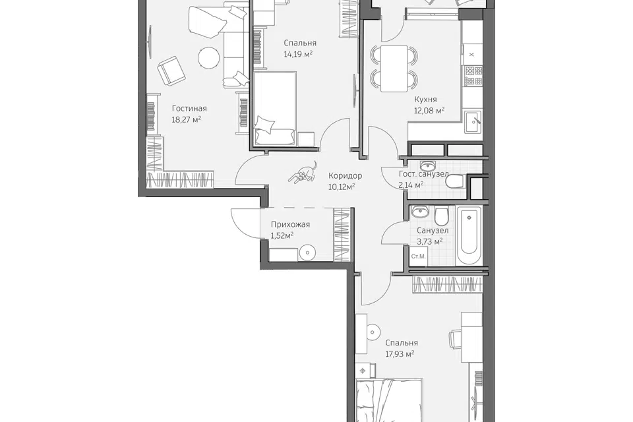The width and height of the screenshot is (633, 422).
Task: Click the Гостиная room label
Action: [189, 108]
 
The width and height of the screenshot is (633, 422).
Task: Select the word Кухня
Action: [425, 100]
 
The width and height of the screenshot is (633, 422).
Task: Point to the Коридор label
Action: [345, 175]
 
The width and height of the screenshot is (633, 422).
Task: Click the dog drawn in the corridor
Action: [303, 173]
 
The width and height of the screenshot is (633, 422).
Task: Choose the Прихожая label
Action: [290, 225]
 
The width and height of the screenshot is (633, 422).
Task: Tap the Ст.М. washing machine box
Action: [418, 256]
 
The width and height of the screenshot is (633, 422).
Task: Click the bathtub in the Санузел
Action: [469, 236]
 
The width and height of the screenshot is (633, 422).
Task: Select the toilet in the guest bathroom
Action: [456, 181]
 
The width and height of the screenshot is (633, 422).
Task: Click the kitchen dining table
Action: [394, 69]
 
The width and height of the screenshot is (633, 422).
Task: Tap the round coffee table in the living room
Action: [209, 58]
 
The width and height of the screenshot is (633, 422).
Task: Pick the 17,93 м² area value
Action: [400, 354]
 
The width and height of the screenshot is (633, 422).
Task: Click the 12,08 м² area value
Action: [429, 110]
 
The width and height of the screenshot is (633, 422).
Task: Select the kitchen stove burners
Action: [473, 76]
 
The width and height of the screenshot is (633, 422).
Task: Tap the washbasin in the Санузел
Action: [420, 212]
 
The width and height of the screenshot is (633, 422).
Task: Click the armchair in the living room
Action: [170, 71]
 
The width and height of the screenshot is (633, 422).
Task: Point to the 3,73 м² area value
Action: [429, 241]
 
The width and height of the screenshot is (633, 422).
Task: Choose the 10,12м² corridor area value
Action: [342, 187]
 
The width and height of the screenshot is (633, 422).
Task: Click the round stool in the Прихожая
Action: [308, 253]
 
